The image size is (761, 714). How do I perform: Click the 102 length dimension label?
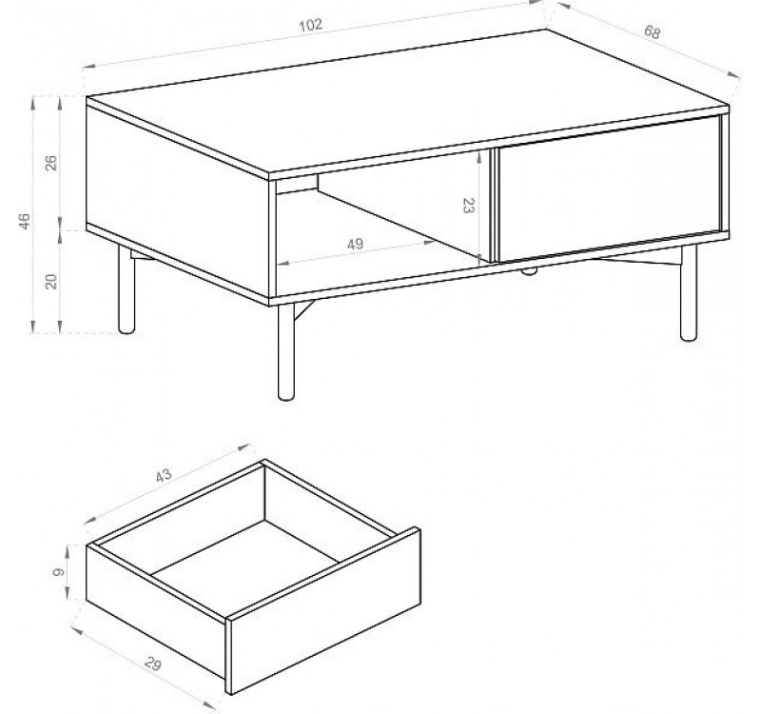click(x=311, y=25)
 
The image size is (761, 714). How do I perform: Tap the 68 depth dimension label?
click(x=653, y=32)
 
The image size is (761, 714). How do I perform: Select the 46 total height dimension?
click(x=25, y=221)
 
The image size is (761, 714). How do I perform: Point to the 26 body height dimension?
click(x=51, y=162)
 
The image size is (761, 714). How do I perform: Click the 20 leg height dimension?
click(x=51, y=282)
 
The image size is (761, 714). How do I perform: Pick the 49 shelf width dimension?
click(x=355, y=244)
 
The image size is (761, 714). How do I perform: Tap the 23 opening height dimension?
click(x=468, y=206)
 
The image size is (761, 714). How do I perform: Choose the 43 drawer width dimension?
click(x=164, y=475)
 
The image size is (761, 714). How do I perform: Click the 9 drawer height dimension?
click(x=59, y=572)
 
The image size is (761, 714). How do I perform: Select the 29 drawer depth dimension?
click(x=152, y=664)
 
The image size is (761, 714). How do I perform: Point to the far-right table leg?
click(x=688, y=293)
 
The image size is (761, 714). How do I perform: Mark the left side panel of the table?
click(x=177, y=202)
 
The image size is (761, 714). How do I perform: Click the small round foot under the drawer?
click(x=529, y=271)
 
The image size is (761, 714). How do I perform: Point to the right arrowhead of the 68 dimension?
click(x=733, y=74)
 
